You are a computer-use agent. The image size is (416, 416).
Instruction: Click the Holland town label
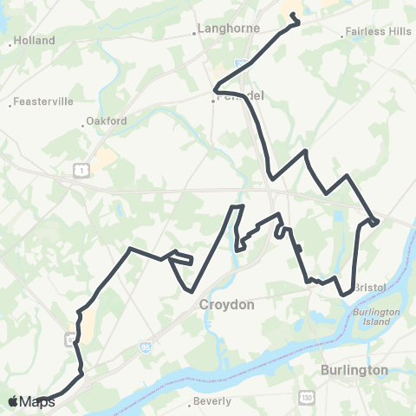[35, 40]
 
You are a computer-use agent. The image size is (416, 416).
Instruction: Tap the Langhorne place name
[229, 29]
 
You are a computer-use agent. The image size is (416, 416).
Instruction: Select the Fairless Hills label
[379, 32]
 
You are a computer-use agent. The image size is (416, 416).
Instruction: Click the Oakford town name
[108, 121]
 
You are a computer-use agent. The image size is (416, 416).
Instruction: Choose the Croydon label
[226, 305]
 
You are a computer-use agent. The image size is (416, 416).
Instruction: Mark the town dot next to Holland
[9, 40]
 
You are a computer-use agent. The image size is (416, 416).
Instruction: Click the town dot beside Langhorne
[194, 36]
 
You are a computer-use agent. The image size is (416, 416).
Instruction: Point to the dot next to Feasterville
[10, 104]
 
